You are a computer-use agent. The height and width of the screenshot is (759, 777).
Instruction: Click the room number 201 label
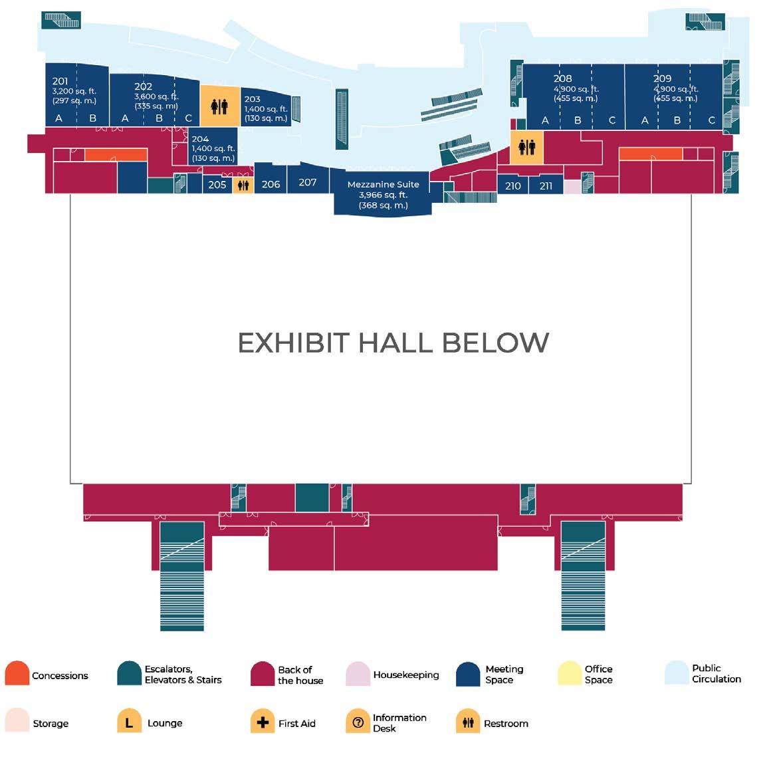pyautogui.click(x=60, y=81)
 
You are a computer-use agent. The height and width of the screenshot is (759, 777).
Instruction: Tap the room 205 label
pyautogui.click(x=217, y=184)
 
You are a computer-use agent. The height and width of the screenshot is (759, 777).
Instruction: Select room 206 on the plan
pyautogui.click(x=271, y=184)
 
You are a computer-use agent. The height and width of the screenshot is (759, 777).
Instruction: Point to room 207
pyautogui.click(x=307, y=182)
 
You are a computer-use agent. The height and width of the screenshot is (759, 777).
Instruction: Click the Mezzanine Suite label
pyautogui.click(x=383, y=184)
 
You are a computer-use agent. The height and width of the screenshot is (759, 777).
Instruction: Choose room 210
pyautogui.click(x=512, y=186)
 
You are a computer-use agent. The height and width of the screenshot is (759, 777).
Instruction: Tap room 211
pyautogui.click(x=546, y=186)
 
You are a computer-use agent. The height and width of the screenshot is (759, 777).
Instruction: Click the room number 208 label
pyautogui.click(x=562, y=78)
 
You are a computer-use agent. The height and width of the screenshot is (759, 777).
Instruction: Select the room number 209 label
pyautogui.click(x=662, y=78)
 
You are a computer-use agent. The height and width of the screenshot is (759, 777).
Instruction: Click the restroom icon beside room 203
pyautogui.click(x=219, y=105)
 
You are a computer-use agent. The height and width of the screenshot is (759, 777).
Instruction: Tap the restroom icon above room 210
pyautogui.click(x=526, y=146)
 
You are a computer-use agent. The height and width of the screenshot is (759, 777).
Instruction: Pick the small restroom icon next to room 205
pyautogui.click(x=243, y=185)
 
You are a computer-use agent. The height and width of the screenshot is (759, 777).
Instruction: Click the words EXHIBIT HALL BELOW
pyautogui.click(x=393, y=343)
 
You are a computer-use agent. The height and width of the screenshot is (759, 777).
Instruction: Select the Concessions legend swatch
pyautogui.click(x=17, y=674)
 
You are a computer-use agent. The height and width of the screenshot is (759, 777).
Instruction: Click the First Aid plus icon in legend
pyautogui.click(x=263, y=722)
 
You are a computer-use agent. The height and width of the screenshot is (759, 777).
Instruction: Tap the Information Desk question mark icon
pyautogui.click(x=358, y=722)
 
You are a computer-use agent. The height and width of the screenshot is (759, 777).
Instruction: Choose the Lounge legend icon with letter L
pyautogui.click(x=129, y=722)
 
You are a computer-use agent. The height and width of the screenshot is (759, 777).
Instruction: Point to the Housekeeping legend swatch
pyautogui.click(x=358, y=674)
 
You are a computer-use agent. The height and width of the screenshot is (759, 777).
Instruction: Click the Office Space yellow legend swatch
pyautogui.click(x=570, y=674)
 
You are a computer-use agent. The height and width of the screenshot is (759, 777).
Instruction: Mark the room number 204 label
pyautogui.click(x=200, y=139)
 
